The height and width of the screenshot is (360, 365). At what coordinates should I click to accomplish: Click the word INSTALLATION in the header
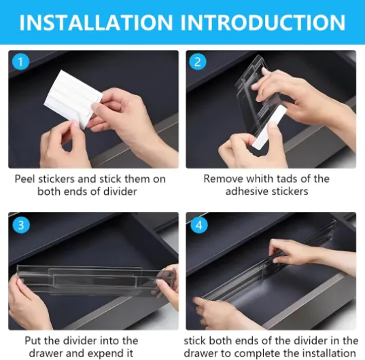pos(96,22)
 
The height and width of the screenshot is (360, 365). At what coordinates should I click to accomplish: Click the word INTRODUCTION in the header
pos(262,22)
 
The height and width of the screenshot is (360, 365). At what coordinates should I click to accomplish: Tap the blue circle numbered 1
pos(20,62)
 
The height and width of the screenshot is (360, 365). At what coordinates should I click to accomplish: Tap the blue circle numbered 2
pos(198,62)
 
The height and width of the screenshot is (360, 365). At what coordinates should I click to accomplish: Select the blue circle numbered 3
pos(21,225)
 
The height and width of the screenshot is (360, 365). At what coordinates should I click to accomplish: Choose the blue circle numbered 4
pos(198,225)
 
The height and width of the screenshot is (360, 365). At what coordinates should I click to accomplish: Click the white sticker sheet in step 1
pos(73,99)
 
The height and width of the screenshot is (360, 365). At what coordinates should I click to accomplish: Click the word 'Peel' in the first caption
pos(24,179)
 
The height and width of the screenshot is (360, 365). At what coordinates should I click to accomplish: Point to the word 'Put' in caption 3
pos(33,341)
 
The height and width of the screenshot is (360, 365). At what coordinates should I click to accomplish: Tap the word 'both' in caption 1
pos(49,192)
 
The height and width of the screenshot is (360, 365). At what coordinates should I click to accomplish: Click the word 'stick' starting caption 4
pos(195,341)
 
